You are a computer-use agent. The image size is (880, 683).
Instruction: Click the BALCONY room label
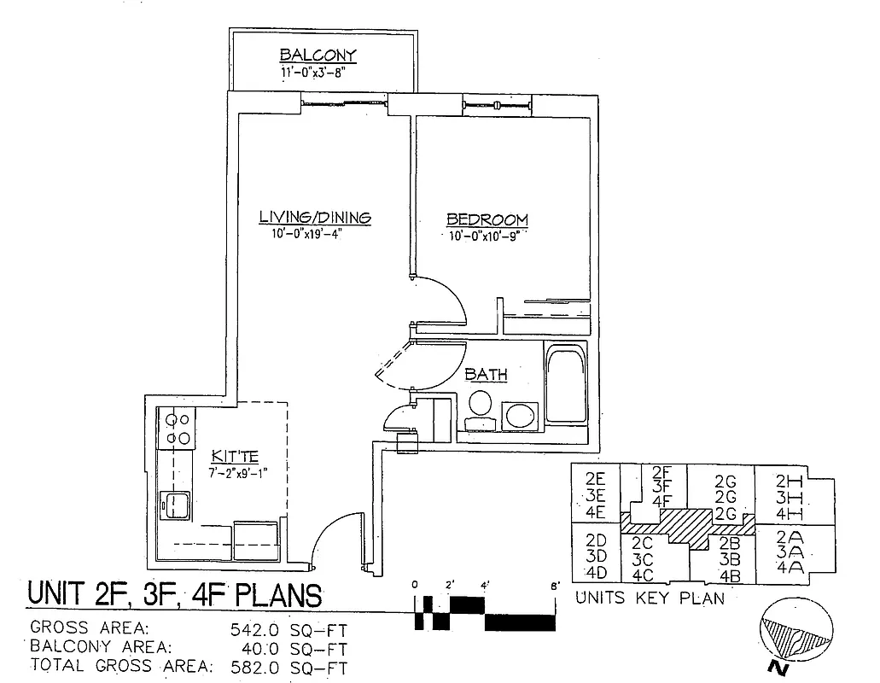click(318, 56)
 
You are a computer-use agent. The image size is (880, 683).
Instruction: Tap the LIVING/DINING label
click(315, 217)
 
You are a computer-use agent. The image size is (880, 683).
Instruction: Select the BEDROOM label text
click(487, 219)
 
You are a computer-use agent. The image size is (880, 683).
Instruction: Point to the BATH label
click(486, 374)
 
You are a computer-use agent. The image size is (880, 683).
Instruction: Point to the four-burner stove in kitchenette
click(178, 429)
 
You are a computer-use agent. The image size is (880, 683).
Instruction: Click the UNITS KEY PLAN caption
click(650, 598)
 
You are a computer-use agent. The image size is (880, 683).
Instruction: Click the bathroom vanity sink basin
click(518, 417)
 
